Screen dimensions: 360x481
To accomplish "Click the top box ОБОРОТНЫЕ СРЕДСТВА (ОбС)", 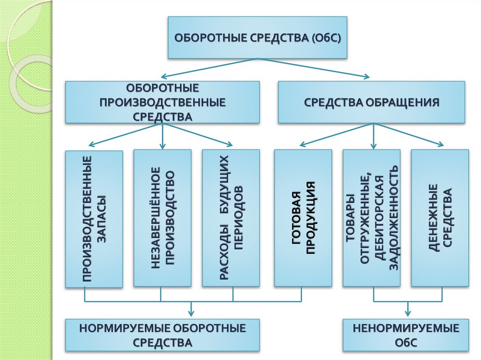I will click(257, 38).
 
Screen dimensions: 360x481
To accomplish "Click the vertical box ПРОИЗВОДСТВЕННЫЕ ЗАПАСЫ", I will click(94, 219).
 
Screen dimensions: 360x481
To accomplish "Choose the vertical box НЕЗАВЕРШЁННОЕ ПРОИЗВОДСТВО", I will click(163, 218).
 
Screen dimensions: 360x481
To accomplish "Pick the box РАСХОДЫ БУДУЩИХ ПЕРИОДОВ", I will click(231, 218).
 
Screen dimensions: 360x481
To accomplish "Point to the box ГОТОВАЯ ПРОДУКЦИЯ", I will click(303, 218).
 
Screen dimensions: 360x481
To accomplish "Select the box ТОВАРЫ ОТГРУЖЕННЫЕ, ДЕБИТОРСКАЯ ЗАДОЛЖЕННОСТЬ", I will click(372, 218).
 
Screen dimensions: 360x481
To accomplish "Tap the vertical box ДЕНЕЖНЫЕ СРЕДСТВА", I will click(440, 218).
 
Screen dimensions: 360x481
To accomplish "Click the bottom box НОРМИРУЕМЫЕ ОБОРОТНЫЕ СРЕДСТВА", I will click(162, 335).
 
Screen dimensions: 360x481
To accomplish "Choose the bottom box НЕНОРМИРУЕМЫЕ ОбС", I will click(407, 335).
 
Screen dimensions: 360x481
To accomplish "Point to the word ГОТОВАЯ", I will click(295, 218).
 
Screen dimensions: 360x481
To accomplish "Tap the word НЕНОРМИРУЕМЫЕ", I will click(407, 328).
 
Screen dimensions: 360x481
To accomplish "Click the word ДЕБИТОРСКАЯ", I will click(379, 218).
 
